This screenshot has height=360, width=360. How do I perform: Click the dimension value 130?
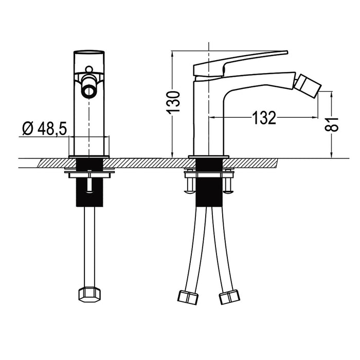(176, 102)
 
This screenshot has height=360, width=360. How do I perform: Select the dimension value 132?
(264, 118)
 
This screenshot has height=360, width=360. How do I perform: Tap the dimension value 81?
(335, 124)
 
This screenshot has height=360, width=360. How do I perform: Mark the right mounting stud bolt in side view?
(227, 183)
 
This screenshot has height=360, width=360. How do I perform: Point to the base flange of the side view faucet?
(208, 156)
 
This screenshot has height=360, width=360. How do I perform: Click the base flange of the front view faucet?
(89, 156)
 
